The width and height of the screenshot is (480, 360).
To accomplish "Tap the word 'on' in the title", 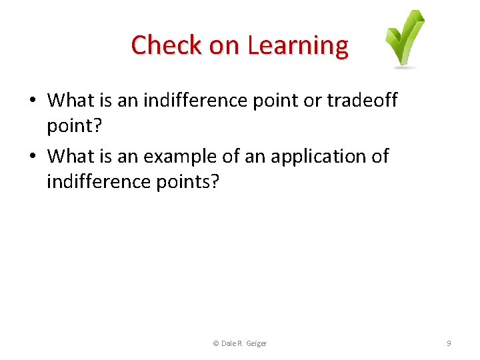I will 227,45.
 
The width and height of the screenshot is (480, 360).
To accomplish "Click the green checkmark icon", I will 405,38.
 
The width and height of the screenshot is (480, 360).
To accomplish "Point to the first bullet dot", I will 32,101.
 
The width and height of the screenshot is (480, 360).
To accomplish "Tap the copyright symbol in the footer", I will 215,343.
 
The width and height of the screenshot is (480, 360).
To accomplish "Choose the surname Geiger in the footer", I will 257,343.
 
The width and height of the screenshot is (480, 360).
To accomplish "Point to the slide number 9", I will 449,343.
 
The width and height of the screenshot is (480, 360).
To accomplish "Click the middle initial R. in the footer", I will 241,343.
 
